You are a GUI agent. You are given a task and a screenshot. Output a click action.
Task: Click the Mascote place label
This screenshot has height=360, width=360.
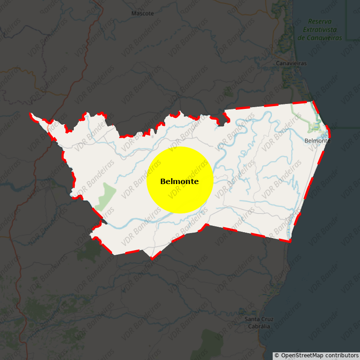tap(142, 13)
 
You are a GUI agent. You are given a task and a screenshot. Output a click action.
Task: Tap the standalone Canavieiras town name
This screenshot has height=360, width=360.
tap(291, 63)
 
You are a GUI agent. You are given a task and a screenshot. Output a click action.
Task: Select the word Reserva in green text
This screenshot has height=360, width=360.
tap(320, 22)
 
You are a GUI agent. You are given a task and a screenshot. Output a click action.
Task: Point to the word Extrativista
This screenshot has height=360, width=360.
tap(320, 30)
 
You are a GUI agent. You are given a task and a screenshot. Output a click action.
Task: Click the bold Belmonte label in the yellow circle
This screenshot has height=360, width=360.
tap(180, 181)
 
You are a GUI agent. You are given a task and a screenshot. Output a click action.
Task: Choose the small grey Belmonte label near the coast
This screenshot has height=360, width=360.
tap(317, 141)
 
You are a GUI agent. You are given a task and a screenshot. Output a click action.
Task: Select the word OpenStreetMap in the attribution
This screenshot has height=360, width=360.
tap(302, 355)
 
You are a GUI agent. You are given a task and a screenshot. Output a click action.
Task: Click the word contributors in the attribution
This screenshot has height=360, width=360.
tap(341, 355)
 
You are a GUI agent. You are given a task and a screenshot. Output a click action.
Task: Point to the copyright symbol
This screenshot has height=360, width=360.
tap(277, 355)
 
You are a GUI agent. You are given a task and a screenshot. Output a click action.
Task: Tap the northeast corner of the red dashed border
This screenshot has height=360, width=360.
tap(313, 102)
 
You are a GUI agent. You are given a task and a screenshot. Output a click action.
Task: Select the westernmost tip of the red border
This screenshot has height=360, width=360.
tap(31, 114)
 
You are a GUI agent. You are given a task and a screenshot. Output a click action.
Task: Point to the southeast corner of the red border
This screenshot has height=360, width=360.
tap(289, 241)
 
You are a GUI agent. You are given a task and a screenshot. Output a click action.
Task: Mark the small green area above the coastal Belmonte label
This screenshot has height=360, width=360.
tap(315, 127)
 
